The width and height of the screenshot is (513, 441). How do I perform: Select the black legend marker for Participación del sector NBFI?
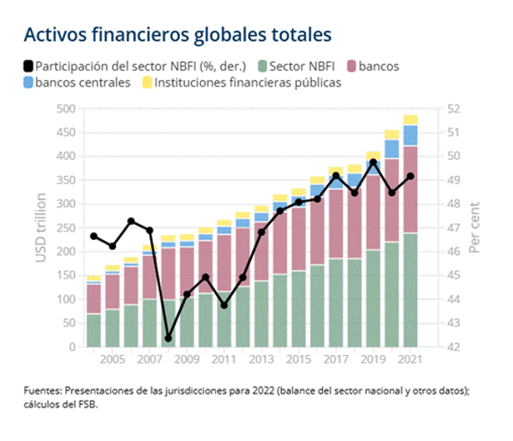click(29, 66)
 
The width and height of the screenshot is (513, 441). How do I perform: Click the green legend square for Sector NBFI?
click(264, 66)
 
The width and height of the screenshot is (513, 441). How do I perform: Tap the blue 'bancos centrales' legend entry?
click(77, 82)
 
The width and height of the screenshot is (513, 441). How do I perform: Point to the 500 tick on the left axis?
click(65, 109)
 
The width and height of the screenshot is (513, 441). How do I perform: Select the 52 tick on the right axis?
click(452, 109)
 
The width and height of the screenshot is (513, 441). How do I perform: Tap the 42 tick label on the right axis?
click(452, 347)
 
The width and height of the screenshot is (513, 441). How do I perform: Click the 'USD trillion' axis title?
click(40, 227)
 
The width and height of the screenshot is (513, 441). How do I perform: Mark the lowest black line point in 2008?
click(167, 338)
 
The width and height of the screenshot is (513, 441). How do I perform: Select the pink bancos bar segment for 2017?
click(336, 224)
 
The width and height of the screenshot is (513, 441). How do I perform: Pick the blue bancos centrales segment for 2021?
click(410, 135)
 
